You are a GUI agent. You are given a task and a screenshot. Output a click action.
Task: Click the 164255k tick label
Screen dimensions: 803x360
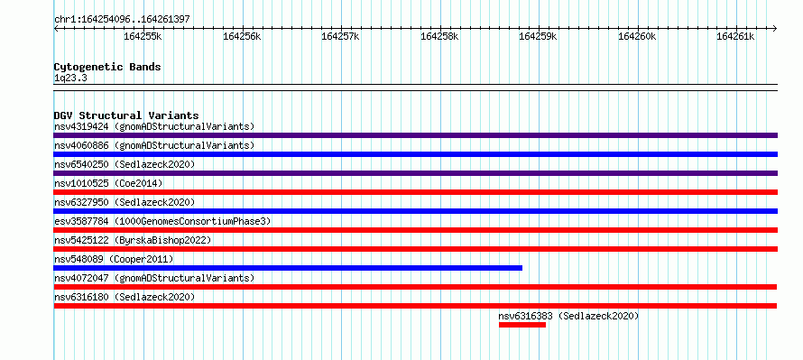click(x=143, y=36)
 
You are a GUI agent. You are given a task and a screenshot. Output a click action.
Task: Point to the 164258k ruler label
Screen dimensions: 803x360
click(x=439, y=36)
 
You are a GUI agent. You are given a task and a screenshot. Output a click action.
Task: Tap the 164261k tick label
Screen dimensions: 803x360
click(x=735, y=36)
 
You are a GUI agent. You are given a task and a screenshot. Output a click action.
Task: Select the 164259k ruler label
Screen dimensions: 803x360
click(x=539, y=36)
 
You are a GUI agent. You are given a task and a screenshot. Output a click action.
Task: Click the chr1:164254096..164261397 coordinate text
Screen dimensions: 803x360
click(x=122, y=20)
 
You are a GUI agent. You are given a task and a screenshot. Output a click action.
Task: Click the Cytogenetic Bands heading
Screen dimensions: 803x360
click(x=107, y=67)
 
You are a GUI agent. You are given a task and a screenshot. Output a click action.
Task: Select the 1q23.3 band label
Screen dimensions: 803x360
click(x=70, y=78)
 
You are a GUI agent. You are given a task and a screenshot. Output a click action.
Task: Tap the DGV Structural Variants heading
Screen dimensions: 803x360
click(x=126, y=115)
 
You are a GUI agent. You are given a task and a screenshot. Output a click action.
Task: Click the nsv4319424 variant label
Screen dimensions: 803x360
click(x=81, y=126)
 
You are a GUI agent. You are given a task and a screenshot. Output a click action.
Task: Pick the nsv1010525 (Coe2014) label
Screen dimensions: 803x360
click(x=108, y=183)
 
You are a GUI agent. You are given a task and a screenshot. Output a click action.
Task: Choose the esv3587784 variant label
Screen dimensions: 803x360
click(x=81, y=221)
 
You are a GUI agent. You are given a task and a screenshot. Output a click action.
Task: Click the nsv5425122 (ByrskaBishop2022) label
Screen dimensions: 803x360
click(x=133, y=240)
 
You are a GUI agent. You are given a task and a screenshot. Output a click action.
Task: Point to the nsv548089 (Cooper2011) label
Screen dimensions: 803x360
click(x=114, y=259)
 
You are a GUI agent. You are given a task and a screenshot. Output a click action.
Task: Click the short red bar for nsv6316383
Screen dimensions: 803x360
click(x=522, y=325)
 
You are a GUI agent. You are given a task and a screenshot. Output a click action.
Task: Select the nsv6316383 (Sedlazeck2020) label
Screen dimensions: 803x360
click(x=569, y=316)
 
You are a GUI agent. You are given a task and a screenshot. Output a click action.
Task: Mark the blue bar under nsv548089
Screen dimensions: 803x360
click(x=288, y=268)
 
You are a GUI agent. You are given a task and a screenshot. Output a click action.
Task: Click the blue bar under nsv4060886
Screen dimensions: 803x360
click(x=415, y=154)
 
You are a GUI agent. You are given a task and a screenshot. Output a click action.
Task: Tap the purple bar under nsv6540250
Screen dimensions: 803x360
click(x=415, y=173)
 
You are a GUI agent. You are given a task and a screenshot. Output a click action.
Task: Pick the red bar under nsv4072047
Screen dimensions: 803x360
click(x=415, y=287)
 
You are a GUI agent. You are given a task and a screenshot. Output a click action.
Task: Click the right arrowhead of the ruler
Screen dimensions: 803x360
click(x=775, y=29)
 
